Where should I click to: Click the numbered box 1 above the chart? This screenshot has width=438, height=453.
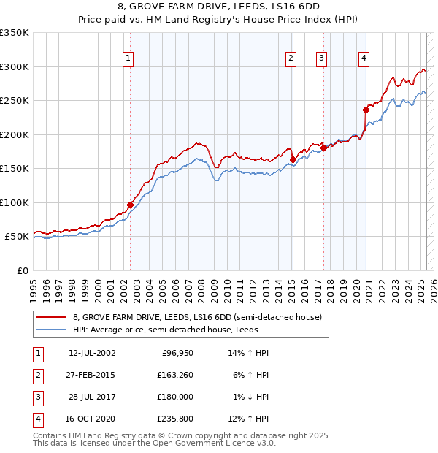pos(128,59)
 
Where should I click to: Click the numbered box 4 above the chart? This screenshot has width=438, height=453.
pos(363,59)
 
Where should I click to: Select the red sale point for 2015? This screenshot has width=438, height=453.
pos(293,159)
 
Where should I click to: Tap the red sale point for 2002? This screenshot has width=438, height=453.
pos(131,205)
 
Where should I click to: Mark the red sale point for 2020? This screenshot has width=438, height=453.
pos(366,110)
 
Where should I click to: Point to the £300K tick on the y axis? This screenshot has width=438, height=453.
pos(14,66)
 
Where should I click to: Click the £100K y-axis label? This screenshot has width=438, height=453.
pos(14,202)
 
